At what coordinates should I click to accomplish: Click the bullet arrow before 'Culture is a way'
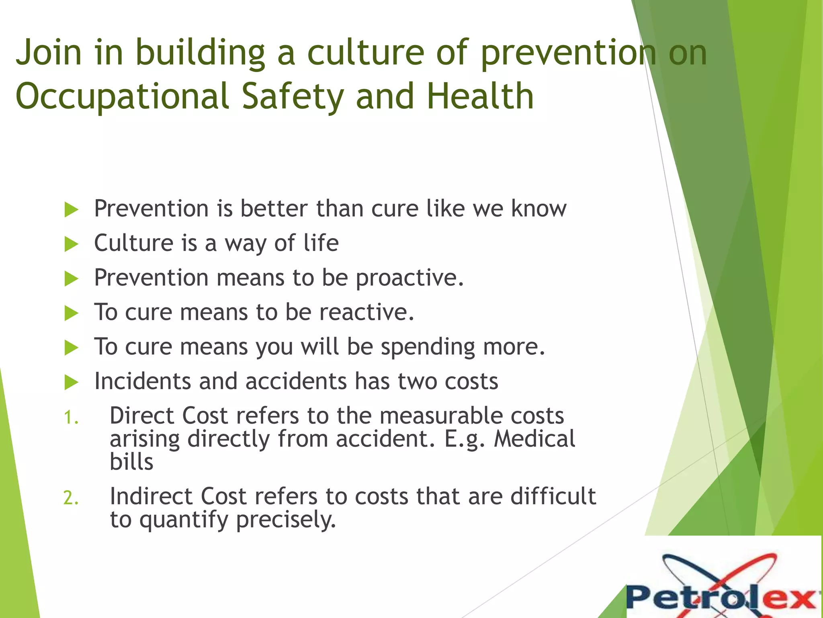[71, 244]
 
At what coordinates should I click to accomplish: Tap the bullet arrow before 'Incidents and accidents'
[71, 382]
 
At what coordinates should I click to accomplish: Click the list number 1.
[71, 418]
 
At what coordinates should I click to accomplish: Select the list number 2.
[71, 499]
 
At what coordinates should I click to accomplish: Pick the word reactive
[366, 312]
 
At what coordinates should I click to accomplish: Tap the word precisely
[286, 520]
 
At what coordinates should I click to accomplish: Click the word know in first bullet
[538, 208]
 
